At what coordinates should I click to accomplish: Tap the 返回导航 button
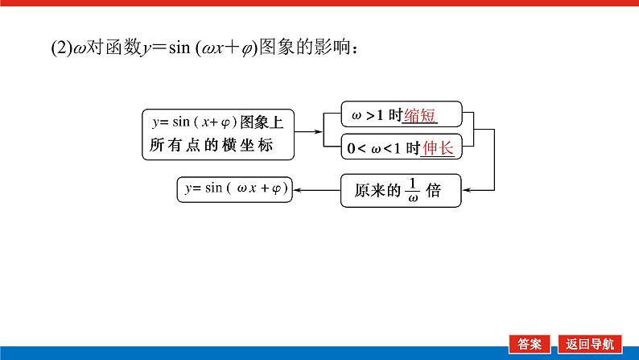589,342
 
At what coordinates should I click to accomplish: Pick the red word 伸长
438,148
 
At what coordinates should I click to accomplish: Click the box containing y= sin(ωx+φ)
234,189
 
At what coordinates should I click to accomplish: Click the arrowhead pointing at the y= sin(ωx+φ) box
296,190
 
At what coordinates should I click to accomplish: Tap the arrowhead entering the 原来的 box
467,190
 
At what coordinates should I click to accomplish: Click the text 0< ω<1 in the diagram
375,149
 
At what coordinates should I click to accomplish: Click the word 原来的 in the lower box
377,191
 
